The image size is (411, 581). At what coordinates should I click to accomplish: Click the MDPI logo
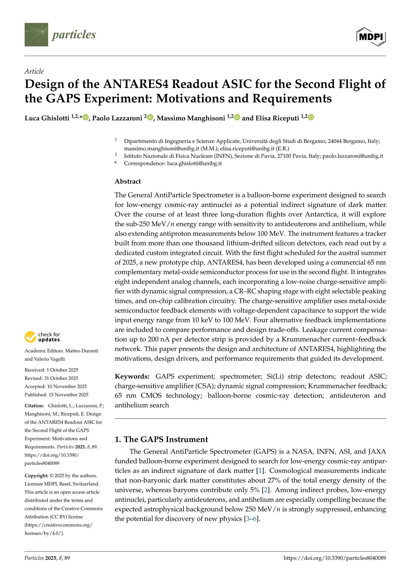pyautogui.click(x=371, y=37)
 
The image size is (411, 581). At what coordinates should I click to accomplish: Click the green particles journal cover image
pyautogui.click(x=36, y=35)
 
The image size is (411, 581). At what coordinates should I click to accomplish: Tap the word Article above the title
pyautogui.click(x=34, y=71)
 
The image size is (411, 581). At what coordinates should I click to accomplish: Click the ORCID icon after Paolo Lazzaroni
pyautogui.click(x=150, y=117)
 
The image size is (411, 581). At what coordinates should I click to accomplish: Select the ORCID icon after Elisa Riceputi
pyautogui.click(x=311, y=117)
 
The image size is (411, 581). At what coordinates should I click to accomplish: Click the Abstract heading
pyautogui.click(x=127, y=181)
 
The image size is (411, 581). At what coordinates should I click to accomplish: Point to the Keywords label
pyautogui.click(x=132, y=376)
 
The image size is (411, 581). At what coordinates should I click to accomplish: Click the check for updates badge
pyautogui.click(x=42, y=337)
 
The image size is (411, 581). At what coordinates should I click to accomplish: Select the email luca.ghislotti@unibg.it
pyautogui.click(x=194, y=163)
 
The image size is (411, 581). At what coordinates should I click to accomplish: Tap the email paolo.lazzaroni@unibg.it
pyautogui.click(x=353, y=156)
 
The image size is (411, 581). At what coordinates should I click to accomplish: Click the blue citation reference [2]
pyautogui.click(x=265, y=490)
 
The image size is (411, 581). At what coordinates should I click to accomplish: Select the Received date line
pyautogui.click(x=51, y=370)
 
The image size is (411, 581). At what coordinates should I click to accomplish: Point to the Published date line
pyautogui.click(x=56, y=395)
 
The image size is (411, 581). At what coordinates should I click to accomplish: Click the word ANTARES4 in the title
pyautogui.click(x=136, y=84)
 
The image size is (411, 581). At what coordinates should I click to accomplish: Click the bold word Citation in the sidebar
pyautogui.click(x=34, y=406)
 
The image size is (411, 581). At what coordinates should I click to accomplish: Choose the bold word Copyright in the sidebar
pyautogui.click(x=36, y=476)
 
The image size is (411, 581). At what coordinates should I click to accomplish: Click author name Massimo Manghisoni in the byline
pyautogui.click(x=191, y=118)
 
